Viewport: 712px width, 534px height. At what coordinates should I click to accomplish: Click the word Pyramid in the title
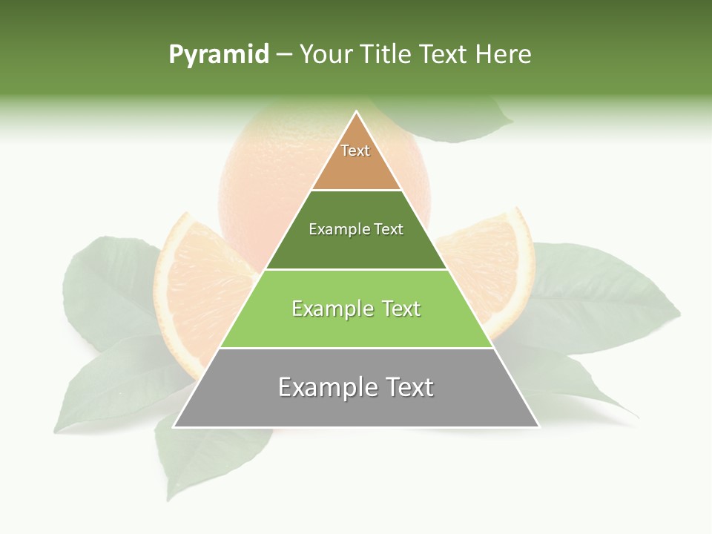point(219,54)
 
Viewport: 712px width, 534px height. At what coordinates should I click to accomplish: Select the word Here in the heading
point(504,54)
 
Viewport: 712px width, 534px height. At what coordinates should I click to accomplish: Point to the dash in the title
point(284,55)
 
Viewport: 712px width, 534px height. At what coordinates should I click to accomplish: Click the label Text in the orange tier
point(355,151)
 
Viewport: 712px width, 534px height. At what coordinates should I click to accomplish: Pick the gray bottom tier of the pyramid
point(356,409)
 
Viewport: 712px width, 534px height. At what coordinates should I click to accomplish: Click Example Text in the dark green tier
point(356,229)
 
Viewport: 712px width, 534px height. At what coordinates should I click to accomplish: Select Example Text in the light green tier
point(356,309)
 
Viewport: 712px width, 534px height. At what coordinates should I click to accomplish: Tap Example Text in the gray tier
point(356,387)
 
